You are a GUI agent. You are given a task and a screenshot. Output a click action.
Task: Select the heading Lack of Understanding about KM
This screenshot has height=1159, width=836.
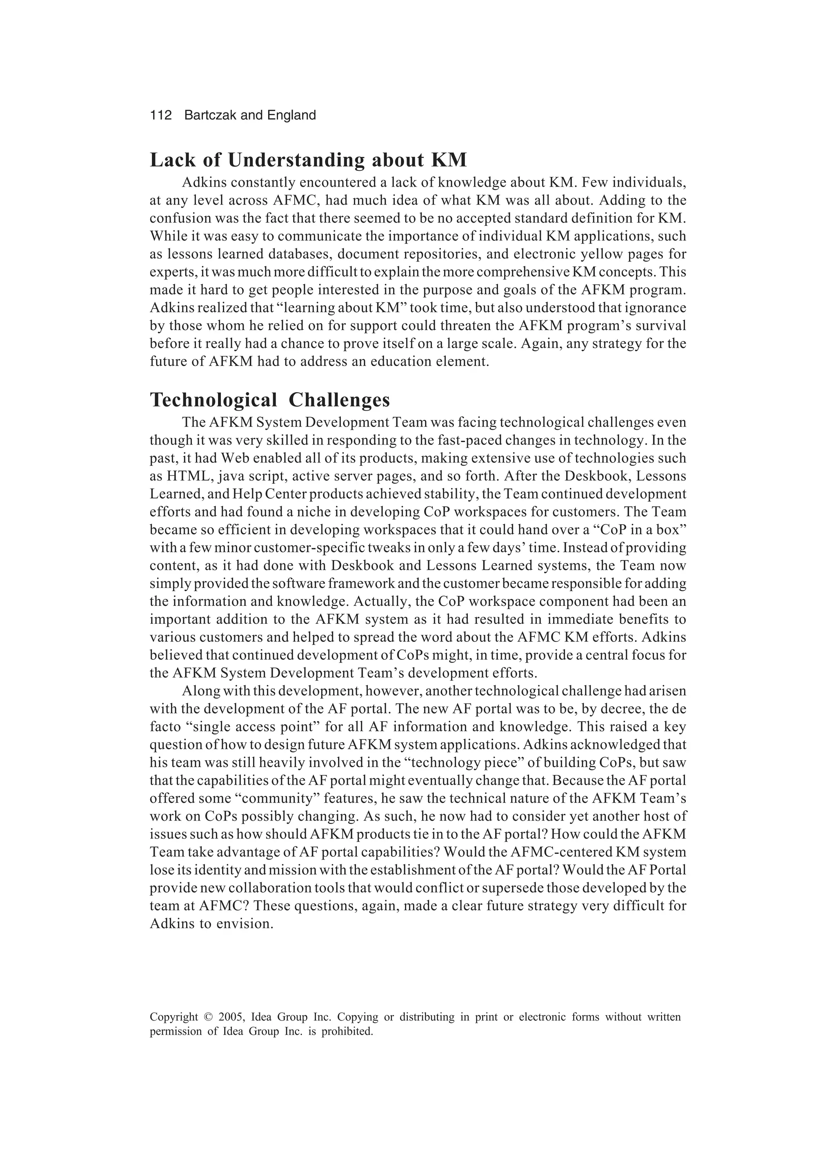pyautogui.click(x=308, y=160)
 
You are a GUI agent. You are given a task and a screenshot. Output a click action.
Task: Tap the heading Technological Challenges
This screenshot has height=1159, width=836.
pyautogui.click(x=270, y=400)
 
